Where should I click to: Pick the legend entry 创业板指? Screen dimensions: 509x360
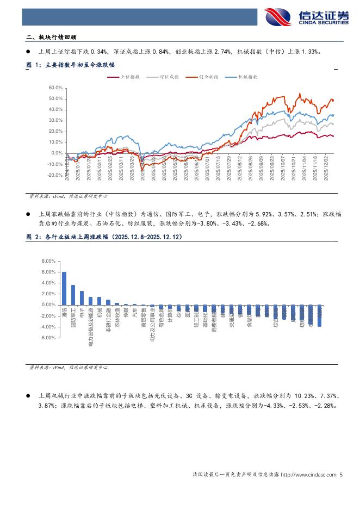[x=208, y=77]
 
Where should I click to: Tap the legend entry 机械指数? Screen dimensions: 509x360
[x=247, y=77]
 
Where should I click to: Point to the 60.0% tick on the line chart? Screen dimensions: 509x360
[x=56, y=88]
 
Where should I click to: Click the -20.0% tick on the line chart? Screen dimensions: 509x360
[x=55, y=175]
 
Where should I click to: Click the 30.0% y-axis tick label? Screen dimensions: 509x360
[x=56, y=120]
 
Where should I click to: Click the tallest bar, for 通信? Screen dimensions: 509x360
[x=64, y=288]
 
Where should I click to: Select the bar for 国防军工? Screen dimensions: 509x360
[x=73, y=295]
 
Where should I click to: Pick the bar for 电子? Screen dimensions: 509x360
[x=82, y=298]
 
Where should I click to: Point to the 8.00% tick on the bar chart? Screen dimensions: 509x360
[x=48, y=261]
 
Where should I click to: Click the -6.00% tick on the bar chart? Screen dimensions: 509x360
[x=48, y=338]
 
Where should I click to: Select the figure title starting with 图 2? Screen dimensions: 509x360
[x=104, y=237]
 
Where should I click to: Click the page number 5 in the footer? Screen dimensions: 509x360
[x=341, y=474]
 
